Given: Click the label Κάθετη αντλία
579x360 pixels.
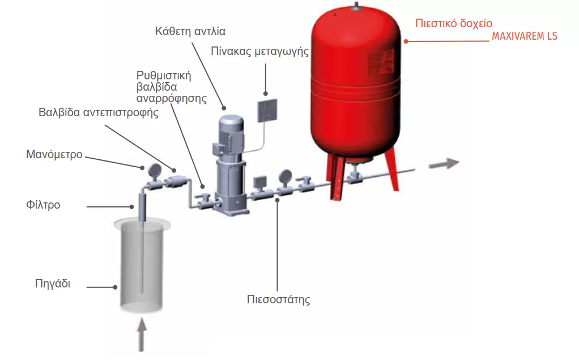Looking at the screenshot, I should click(185, 31).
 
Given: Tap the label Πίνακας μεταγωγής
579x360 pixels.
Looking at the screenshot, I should click(260, 52).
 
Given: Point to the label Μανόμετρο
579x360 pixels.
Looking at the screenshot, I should click(54, 154).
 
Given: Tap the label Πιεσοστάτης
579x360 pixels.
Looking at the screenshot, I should click(279, 299).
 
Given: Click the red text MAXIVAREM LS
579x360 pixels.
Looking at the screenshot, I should click(524, 37).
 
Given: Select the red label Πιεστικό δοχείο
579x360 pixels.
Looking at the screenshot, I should click(454, 24).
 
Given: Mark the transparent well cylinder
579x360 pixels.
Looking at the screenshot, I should click(142, 266).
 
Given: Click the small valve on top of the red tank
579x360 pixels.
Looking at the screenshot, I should click(355, 6).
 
